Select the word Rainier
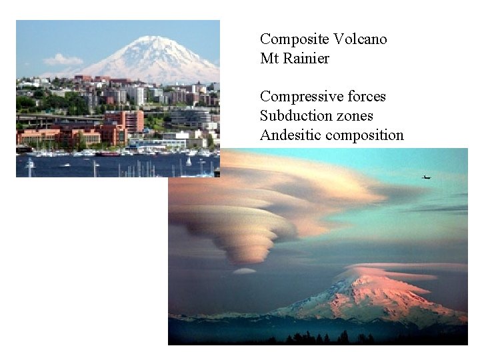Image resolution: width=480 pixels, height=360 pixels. (306, 59)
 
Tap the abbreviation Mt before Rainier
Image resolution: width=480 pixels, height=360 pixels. (269, 59)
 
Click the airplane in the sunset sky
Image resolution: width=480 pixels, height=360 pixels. (426, 177)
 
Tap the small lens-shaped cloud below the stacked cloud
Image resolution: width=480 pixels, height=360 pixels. (245, 271)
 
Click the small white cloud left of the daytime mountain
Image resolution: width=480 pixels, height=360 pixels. (63, 60)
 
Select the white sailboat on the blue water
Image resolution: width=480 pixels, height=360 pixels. (189, 161)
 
